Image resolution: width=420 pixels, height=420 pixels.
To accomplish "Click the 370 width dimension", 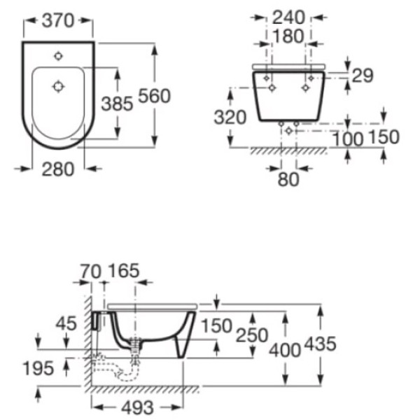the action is coord(58,20).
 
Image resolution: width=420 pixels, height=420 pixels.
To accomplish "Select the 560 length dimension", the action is coord(154,96).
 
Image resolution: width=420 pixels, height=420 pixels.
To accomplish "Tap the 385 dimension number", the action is coord(117,104).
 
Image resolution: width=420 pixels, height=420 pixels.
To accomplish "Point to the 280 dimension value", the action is coord(58,169).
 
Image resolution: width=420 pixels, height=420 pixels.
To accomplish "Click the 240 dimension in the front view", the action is coord(288,17).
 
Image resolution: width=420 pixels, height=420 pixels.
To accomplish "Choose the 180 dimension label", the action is coord(288,36).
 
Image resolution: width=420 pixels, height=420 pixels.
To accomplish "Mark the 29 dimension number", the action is coord(363,76).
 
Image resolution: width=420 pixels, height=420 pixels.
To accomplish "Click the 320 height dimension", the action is coord(230,118).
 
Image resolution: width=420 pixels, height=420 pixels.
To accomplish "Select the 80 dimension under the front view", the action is coord(288,179).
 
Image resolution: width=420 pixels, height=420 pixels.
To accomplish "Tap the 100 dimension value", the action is coord(348,139).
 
